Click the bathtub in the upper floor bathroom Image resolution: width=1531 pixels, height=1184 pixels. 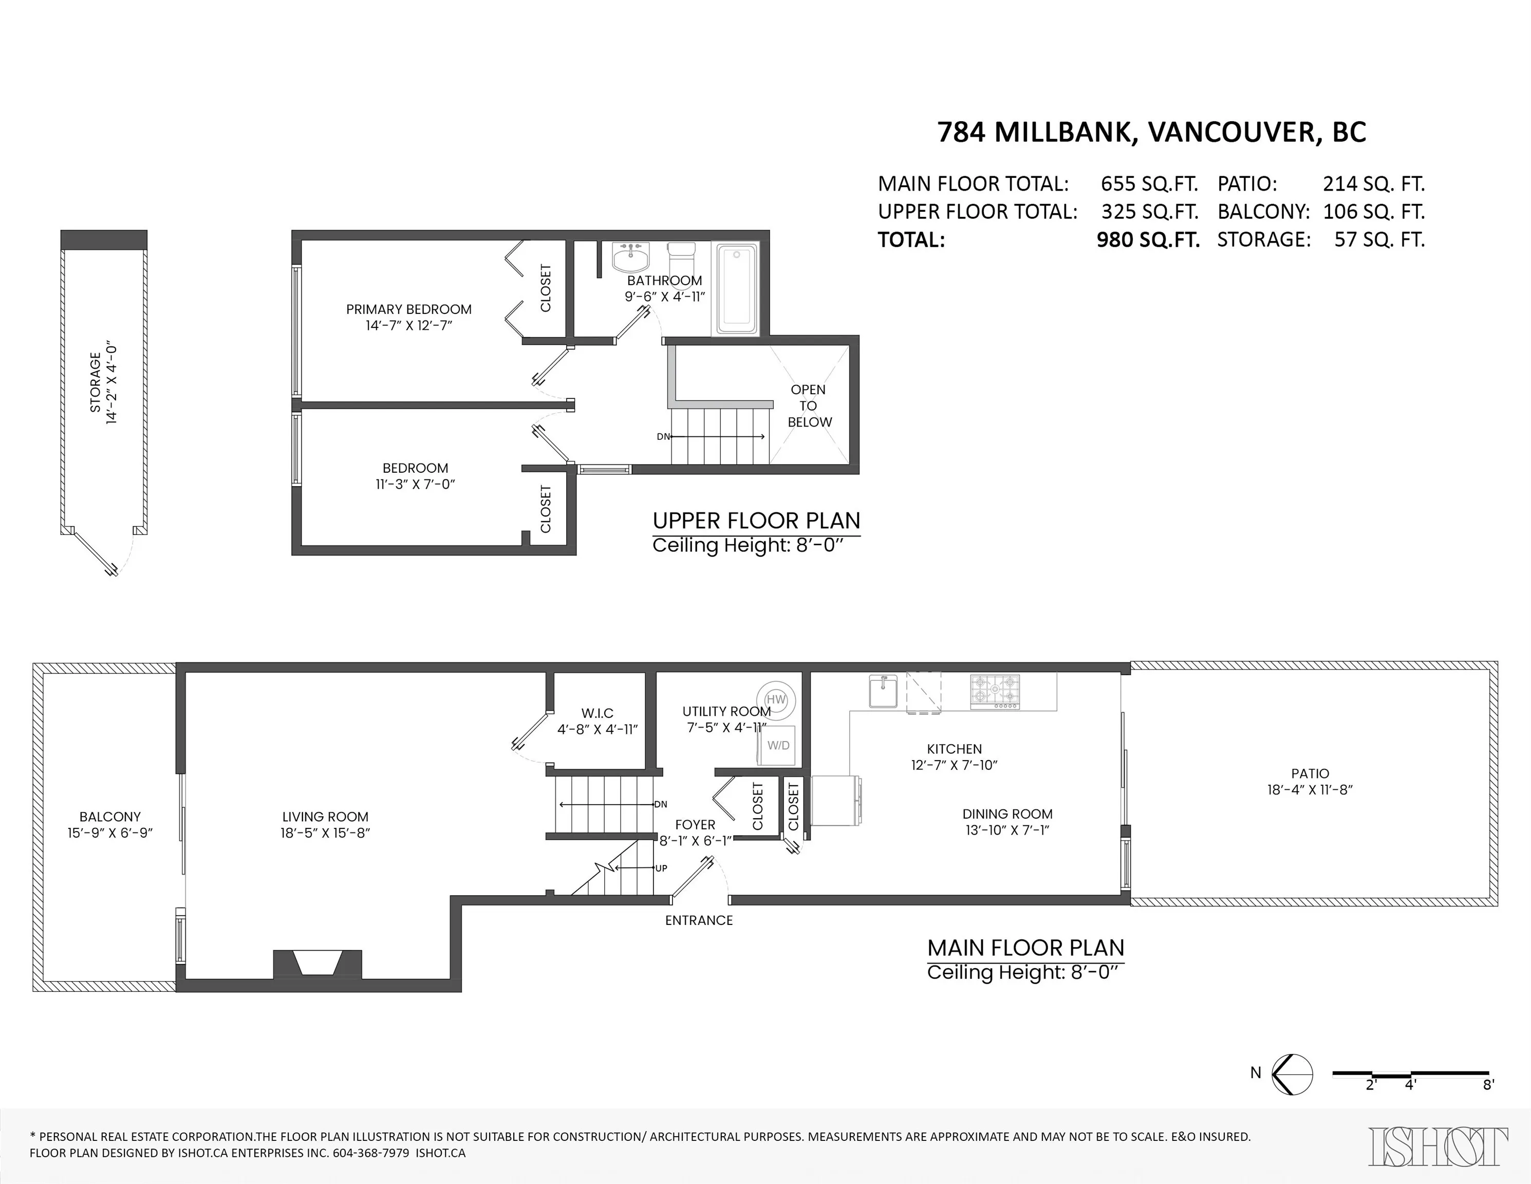(735, 289)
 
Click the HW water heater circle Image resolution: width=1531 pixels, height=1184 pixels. (776, 699)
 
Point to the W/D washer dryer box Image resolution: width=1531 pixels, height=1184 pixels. (778, 745)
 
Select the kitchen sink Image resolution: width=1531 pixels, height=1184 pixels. (883, 691)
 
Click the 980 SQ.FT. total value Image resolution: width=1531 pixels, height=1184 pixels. (1148, 240)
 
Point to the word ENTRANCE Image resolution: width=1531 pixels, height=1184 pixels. (699, 920)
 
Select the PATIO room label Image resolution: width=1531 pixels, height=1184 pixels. (1310, 773)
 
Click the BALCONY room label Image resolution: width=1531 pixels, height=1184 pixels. (110, 817)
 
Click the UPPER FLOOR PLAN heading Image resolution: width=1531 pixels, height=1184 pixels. (756, 521)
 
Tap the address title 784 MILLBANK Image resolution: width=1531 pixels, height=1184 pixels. (1036, 132)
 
